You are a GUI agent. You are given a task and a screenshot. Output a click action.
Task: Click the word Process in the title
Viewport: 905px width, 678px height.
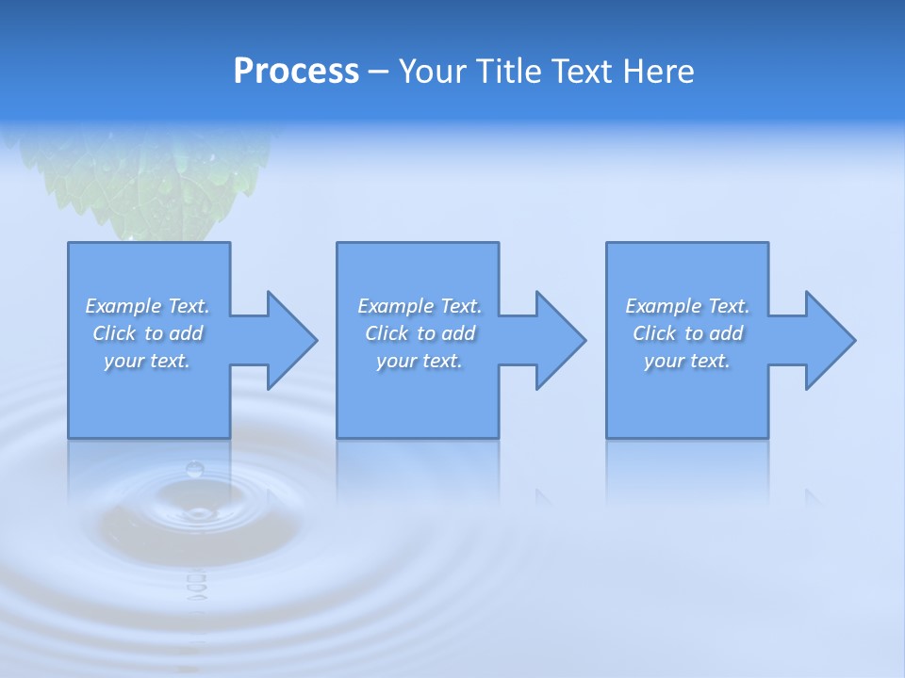click(x=296, y=72)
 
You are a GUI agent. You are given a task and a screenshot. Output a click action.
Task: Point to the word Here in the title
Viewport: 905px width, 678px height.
click(x=658, y=72)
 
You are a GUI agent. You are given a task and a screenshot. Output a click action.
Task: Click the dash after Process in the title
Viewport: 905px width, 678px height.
click(x=378, y=73)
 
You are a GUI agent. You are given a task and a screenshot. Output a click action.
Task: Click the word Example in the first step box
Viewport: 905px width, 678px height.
click(x=123, y=306)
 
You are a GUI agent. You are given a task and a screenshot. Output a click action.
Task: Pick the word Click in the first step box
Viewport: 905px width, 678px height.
click(x=115, y=333)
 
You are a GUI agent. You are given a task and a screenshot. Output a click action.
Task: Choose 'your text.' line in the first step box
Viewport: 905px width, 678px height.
click(x=147, y=361)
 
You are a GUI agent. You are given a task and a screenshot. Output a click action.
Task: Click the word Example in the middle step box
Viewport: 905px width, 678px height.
click(x=395, y=306)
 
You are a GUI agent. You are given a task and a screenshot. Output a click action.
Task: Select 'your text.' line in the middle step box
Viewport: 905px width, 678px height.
click(x=419, y=361)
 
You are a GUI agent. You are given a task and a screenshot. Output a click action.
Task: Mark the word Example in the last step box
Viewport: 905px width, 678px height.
click(x=663, y=306)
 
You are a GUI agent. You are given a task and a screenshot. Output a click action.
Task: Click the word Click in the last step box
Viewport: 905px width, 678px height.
click(x=654, y=333)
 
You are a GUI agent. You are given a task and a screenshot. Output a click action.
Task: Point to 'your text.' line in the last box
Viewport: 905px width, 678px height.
click(x=687, y=361)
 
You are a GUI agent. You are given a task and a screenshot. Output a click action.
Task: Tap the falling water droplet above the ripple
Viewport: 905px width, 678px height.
click(x=195, y=469)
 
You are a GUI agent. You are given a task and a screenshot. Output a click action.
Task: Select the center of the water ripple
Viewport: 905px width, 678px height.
click(x=198, y=514)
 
